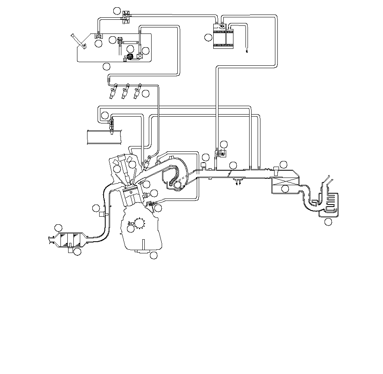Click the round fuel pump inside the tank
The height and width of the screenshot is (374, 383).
[x=130, y=56]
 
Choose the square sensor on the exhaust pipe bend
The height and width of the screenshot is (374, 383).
[x=102, y=214]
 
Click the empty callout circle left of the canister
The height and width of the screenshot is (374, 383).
[x=208, y=38]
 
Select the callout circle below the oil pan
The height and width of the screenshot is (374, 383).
[x=153, y=255]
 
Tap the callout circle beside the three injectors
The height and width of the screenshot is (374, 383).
[x=146, y=94]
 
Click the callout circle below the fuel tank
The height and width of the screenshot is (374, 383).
[x=106, y=66]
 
